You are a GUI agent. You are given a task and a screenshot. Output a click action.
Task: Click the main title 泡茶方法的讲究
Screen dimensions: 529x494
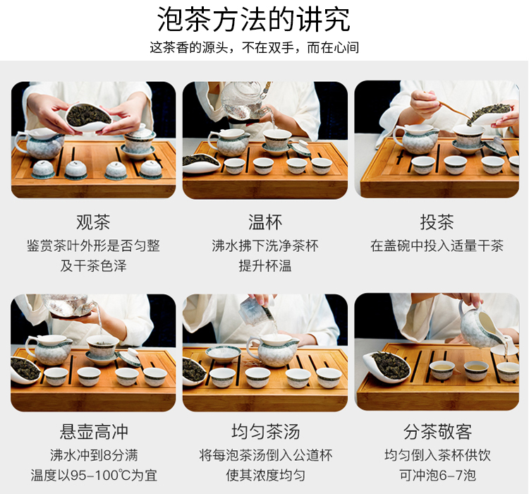click(x=254, y=19)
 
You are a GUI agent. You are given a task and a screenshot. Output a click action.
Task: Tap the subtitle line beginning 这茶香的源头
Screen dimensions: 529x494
click(x=254, y=47)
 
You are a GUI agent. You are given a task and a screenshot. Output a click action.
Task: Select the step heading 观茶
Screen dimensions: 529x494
click(x=93, y=222)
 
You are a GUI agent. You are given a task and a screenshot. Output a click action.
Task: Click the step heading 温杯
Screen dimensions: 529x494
click(x=265, y=222)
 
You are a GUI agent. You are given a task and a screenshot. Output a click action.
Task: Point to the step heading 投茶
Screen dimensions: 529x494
click(x=437, y=222)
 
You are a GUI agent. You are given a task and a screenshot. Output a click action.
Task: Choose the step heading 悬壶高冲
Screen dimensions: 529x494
click(x=94, y=431)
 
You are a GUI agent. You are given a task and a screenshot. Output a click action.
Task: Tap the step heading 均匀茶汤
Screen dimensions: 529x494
click(x=265, y=431)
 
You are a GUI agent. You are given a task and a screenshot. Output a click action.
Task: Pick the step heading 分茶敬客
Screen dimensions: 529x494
click(x=437, y=431)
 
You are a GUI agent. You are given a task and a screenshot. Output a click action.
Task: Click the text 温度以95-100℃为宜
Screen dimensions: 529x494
click(x=94, y=476)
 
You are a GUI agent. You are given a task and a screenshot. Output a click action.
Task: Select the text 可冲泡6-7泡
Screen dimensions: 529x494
click(x=437, y=476)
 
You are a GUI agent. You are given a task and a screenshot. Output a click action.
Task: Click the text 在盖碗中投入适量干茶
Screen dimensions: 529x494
click(x=437, y=246)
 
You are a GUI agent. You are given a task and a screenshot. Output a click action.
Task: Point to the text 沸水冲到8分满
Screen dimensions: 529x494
click(x=94, y=455)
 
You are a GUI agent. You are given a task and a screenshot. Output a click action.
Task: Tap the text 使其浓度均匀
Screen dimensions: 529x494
click(x=265, y=476)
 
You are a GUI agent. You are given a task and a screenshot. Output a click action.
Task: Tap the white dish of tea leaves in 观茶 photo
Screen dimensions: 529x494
click(x=87, y=117)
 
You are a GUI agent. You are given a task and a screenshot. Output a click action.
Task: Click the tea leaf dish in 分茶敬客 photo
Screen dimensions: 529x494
click(x=387, y=367)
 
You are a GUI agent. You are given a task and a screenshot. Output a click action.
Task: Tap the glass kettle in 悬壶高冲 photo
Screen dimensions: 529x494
click(x=69, y=305)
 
